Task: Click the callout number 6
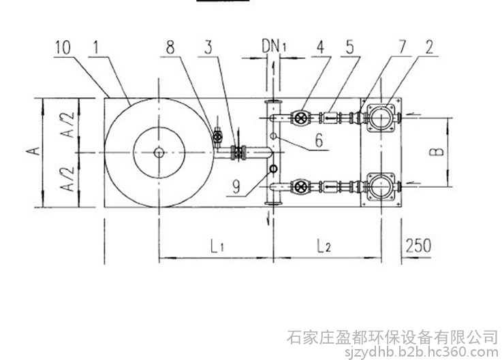(319, 144)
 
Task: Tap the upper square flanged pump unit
(379, 117)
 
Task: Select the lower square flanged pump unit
(379, 185)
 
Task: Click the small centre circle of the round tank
(159, 152)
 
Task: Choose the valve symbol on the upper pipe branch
(300, 118)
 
